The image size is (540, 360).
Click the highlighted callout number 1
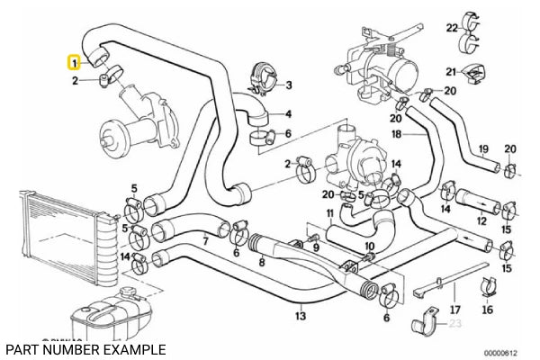point(76,63)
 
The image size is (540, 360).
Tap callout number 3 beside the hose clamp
point(288,85)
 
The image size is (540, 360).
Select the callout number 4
point(288,114)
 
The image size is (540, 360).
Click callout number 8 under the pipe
point(262,264)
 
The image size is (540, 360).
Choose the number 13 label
point(301,316)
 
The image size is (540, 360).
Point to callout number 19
point(482,148)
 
